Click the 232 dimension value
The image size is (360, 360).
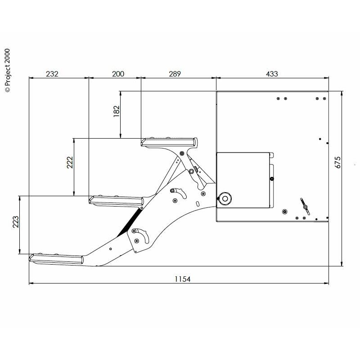pyautogui.click(x=52, y=74)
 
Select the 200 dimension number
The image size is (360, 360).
pyautogui.click(x=118, y=74)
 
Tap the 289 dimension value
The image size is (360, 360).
pyautogui.click(x=175, y=74)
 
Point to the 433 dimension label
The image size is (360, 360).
pyautogui.click(x=272, y=74)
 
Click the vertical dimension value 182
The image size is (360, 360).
pyautogui.click(x=117, y=111)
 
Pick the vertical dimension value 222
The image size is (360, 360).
pyautogui.click(x=70, y=162)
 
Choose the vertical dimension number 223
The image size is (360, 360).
pyautogui.click(x=16, y=222)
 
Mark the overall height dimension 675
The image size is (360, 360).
pyautogui.click(x=338, y=162)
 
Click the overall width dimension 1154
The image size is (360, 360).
pyautogui.click(x=183, y=279)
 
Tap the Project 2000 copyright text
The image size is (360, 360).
pyautogui.click(x=8, y=70)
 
